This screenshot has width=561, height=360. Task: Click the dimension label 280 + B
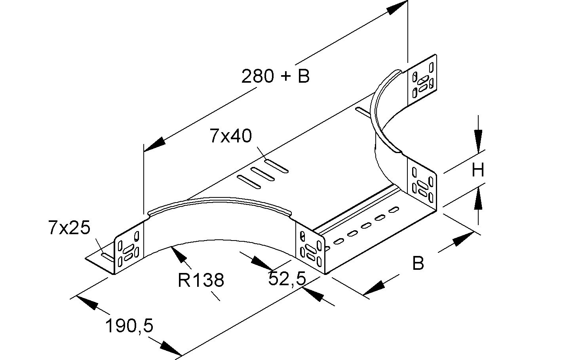pyautogui.click(x=276, y=76)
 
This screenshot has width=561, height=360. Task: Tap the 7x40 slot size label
pyautogui.click(x=231, y=136)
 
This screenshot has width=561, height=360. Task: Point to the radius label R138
pyautogui.click(x=201, y=280)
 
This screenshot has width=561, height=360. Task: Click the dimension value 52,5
pyautogui.click(x=287, y=279)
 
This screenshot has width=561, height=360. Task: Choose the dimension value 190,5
pyautogui.click(x=129, y=326)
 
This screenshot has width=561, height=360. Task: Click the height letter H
pyautogui.click(x=478, y=171)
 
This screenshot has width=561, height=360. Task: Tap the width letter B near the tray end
pyautogui.click(x=418, y=263)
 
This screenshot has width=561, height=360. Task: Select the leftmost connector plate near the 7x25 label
pyautogui.click(x=129, y=248)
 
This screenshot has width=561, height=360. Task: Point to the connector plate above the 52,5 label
pyautogui.click(x=310, y=249)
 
